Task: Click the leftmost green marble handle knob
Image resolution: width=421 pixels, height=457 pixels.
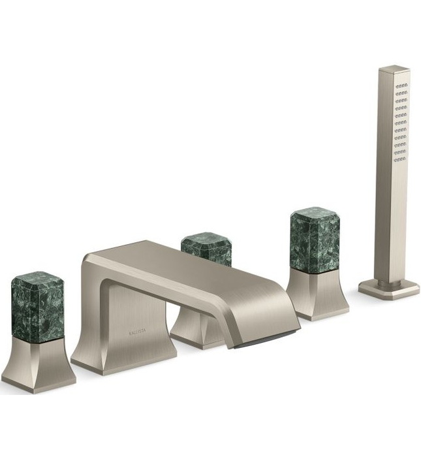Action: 37,310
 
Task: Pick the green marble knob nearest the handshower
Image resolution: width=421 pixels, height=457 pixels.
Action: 315,239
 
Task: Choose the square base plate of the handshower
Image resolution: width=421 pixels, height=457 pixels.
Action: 389,289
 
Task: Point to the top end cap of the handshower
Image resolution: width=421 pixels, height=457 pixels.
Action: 394,69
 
